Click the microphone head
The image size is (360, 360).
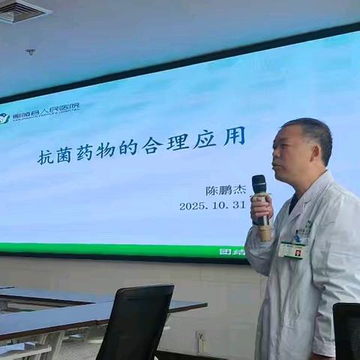259,183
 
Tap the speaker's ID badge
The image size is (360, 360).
292,250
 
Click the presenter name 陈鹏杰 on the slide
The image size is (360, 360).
226,190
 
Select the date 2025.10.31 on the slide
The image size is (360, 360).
213,205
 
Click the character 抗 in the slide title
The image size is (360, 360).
46,156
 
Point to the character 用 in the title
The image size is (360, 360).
234,136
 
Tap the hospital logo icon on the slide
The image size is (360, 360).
4,118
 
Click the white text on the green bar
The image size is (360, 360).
232,251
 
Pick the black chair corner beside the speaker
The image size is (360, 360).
346,330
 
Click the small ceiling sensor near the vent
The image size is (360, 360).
30,52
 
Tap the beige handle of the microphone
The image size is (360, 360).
264,228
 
